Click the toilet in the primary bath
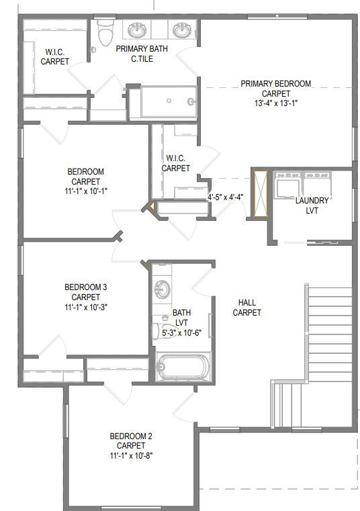pyautogui.click(x=105, y=32)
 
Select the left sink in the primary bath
pyautogui.click(x=137, y=30)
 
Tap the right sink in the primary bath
pyautogui.click(x=182, y=30)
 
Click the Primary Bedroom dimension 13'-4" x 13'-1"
pyautogui.click(x=276, y=103)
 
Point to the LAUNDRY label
pyautogui.click(x=312, y=200)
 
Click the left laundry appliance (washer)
pyautogui.click(x=287, y=186)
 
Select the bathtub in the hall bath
pyautogui.click(x=183, y=367)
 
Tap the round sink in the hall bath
pyautogui.click(x=162, y=289)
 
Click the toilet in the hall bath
pyautogui.click(x=165, y=330)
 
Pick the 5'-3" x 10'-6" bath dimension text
pyautogui.click(x=181, y=333)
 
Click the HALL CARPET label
pyautogui.click(x=247, y=308)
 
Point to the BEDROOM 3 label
pyautogui.click(x=86, y=287)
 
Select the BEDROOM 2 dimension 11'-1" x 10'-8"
pyautogui.click(x=131, y=455)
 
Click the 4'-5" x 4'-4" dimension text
pyautogui.click(x=225, y=197)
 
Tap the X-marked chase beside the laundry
pyautogui.click(x=261, y=193)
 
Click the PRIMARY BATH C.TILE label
pyautogui.click(x=142, y=54)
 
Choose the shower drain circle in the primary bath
pyautogui.click(x=169, y=101)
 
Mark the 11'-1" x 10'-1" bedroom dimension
pyautogui.click(x=86, y=191)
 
